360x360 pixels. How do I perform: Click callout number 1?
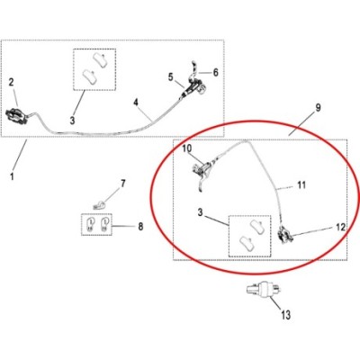pos(12,176)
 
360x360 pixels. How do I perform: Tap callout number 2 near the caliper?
pos(12,82)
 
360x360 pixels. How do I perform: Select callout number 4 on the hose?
pos(136,103)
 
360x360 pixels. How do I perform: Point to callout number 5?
pos(171,77)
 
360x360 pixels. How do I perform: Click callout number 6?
pos(215,72)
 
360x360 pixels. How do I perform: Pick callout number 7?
pos(123,184)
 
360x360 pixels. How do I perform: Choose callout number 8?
pos(140,226)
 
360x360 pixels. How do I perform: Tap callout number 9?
pos(318,107)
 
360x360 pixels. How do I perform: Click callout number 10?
pos(186,148)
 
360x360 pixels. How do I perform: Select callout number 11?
pos(301,184)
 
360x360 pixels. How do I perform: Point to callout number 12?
pos(341,228)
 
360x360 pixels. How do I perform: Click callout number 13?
pos(286,315)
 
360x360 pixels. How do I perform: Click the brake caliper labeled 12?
pos(285,235)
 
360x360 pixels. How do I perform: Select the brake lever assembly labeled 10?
pos(203,173)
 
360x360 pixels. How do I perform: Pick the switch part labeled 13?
pos(264,290)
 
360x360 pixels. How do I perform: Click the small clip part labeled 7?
pos(99,205)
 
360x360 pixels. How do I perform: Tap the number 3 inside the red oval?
pos(201,212)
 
